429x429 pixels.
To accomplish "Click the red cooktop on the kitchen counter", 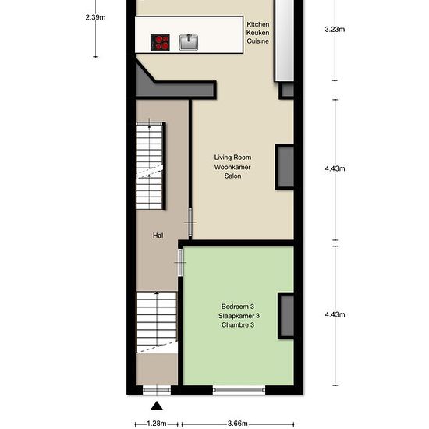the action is [160, 42].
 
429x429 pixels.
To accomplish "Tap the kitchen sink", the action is [189, 42].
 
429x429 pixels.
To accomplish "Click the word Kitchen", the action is [257, 24].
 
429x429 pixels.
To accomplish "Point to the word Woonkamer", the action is [232, 167].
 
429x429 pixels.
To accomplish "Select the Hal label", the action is [158, 236].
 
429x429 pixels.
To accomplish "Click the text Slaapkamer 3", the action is [239, 316].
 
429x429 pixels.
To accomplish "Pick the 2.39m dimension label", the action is [95, 17].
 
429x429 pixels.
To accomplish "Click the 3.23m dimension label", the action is [335, 30].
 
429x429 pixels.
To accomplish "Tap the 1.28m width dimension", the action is [157, 424].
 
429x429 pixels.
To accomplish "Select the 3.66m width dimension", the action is [238, 424].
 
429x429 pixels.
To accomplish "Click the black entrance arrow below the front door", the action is [157, 406].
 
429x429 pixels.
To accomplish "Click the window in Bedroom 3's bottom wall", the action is [239, 390].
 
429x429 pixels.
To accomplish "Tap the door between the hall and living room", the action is [190, 222].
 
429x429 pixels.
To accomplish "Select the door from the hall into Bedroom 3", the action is [180, 263].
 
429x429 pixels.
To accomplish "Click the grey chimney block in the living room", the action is [285, 167].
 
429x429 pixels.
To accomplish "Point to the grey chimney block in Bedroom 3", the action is [286, 316].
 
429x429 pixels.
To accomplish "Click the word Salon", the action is [233, 176].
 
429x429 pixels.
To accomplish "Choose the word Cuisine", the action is [257, 41].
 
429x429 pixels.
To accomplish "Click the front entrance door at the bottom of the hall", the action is [157, 390].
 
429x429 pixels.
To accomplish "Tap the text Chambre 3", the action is [238, 325].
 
